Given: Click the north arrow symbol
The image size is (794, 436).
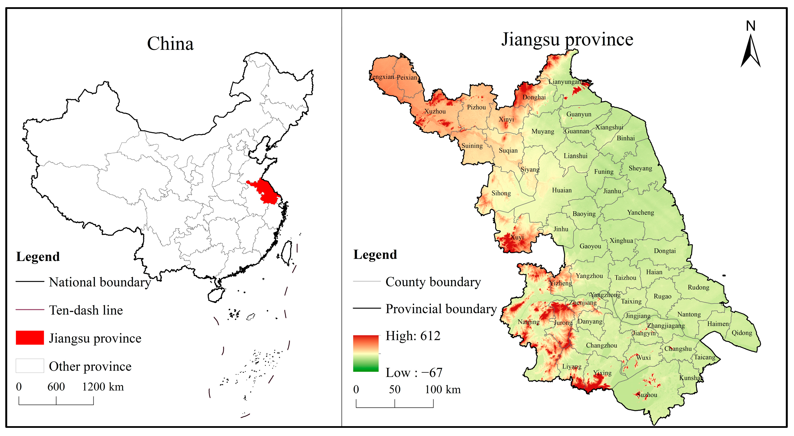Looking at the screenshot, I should point(751,49).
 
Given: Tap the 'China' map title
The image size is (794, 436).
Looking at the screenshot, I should point(170,43).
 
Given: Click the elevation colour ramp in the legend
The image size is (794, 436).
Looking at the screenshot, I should point(366,353).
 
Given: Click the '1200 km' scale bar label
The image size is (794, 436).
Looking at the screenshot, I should point(103,387).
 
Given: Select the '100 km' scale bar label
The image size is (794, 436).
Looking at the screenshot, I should point(443,389).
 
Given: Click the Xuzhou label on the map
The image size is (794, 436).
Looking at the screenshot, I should point(435,111).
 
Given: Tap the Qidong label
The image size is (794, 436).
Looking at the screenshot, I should point(742,333).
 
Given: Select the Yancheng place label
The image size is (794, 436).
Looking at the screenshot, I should point(640,212).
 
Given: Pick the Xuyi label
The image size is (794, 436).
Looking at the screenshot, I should point(517,237).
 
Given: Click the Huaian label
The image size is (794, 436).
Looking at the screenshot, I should point(562,190).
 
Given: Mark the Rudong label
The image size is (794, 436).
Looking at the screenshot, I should point(698,287).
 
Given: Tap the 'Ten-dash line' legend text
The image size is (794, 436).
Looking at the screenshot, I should point(86,310).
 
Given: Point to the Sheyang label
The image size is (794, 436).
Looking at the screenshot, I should point(640,168).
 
